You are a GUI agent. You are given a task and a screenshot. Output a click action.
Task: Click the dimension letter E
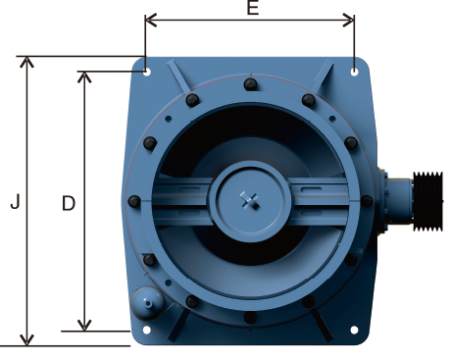253,7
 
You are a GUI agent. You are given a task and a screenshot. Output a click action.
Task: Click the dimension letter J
16,201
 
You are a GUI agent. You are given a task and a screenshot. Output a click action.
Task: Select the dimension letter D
69,203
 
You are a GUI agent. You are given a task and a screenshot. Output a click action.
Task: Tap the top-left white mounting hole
147,72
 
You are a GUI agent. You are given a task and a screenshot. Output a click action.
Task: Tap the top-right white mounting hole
354,72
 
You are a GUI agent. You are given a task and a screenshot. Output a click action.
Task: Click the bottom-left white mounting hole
147,330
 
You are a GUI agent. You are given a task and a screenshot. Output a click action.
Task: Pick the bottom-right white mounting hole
354,330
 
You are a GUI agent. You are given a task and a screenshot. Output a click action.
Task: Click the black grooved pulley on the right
428,201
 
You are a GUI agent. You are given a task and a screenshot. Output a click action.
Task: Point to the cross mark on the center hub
250,200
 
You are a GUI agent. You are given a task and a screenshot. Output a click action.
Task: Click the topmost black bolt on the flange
250,84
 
